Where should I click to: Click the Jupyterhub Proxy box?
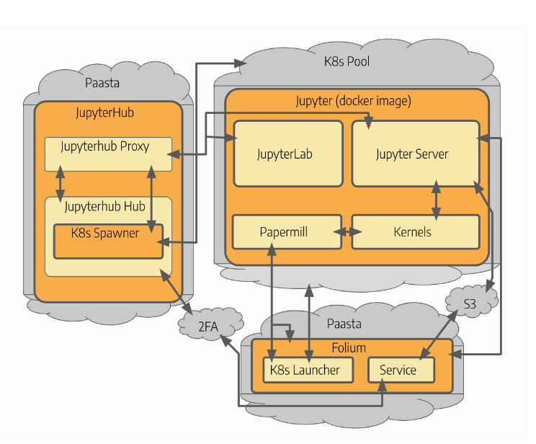pos(108,154)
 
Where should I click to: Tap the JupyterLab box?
pos(287,154)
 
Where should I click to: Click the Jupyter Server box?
pos(414,154)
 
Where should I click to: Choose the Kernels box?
pos(414,232)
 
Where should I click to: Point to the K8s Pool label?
pos(347,62)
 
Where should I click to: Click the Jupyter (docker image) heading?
pos(353,101)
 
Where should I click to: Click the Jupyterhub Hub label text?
pos(104,207)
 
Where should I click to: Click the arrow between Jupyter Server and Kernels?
pos(435,198)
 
